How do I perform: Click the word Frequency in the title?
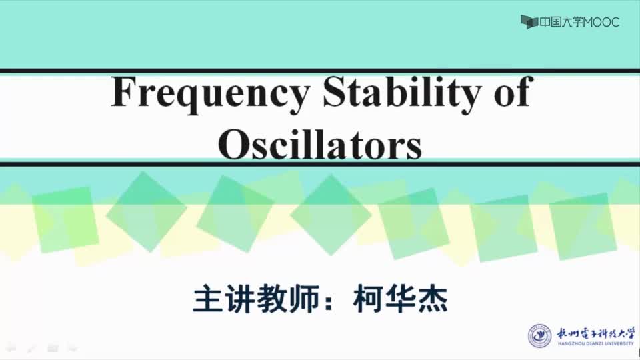pyautogui.click(x=210, y=95)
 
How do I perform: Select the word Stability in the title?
pyautogui.click(x=401, y=93)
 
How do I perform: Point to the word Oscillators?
pyautogui.click(x=319, y=144)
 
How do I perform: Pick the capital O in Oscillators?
pyautogui.click(x=233, y=145)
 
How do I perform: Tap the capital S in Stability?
pyautogui.click(x=335, y=91)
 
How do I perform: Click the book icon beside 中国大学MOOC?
pyautogui.click(x=529, y=22)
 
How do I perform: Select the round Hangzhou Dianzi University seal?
pyautogui.click(x=539, y=336)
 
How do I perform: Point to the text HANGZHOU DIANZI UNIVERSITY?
pyautogui.click(x=596, y=344)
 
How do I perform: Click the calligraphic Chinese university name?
pyautogui.click(x=596, y=333)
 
